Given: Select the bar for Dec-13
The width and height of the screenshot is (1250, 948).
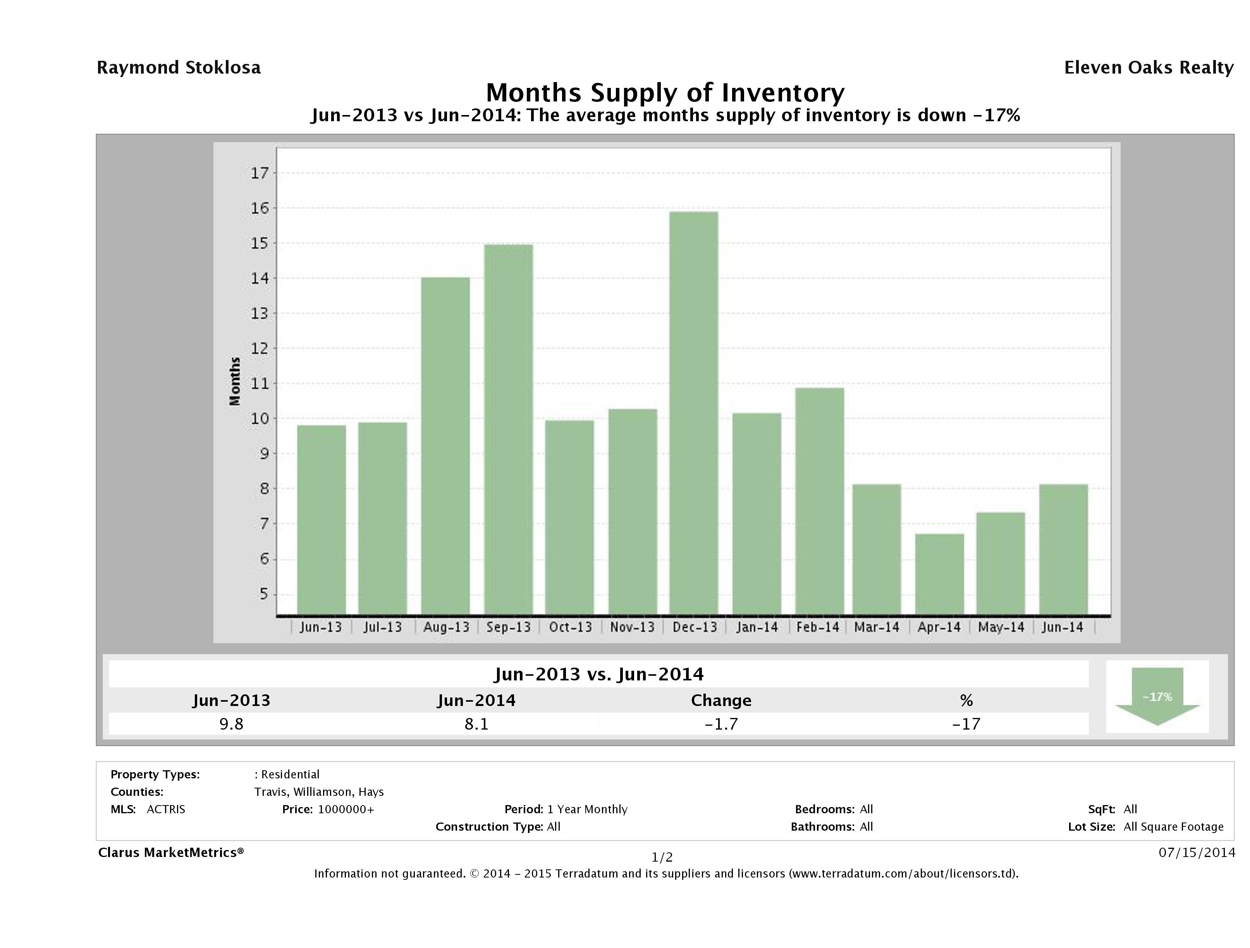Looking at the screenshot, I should [x=694, y=413].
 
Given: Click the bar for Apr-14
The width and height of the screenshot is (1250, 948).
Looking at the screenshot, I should [x=939, y=574].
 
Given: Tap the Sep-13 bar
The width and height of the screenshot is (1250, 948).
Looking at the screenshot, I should [x=508, y=429].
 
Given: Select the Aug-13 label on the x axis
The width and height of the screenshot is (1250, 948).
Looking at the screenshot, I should [x=446, y=627].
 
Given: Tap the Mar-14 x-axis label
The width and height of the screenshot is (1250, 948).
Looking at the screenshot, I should [x=877, y=627].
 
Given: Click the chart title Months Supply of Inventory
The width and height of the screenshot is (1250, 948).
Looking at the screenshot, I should [x=665, y=93].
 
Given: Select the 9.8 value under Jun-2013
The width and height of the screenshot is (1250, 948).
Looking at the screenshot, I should [x=231, y=724].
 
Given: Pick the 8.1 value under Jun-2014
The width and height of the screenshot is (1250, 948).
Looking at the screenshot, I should [x=476, y=724].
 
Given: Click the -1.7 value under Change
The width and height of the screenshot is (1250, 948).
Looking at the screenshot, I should [x=721, y=724].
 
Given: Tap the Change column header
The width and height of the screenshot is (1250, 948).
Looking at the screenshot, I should [x=721, y=701].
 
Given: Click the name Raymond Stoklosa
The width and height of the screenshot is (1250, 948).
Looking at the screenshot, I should [x=179, y=68].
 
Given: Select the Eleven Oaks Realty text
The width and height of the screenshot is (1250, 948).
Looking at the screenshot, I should [x=1148, y=68].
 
